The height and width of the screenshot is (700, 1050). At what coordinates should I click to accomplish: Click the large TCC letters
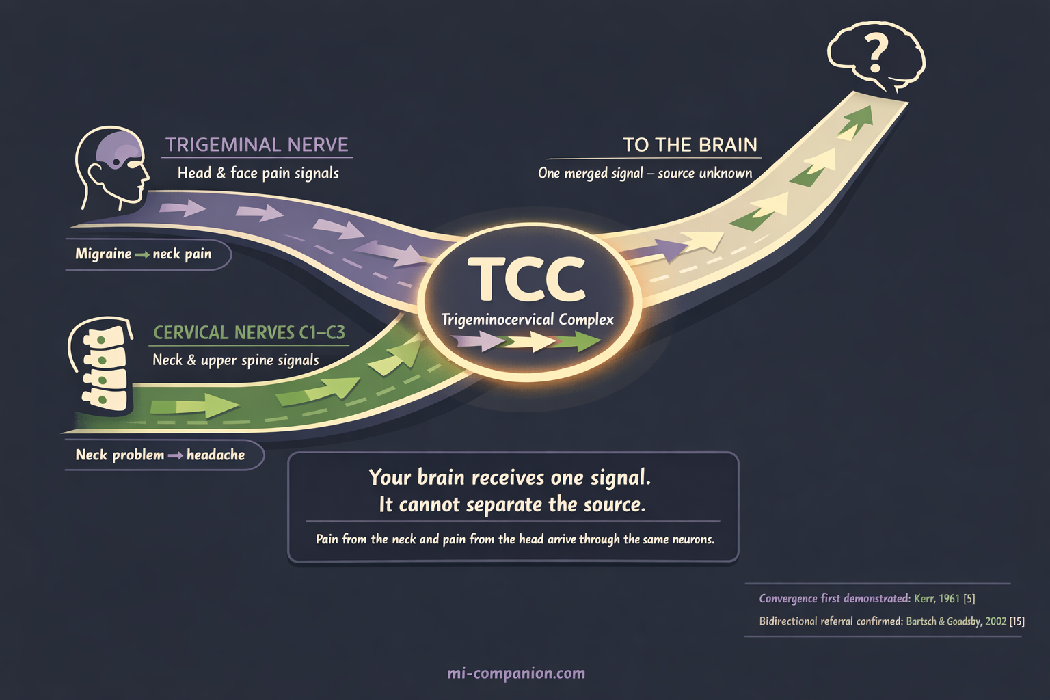pyautogui.click(x=527, y=280)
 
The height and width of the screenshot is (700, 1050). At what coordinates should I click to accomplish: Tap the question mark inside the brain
pyautogui.click(x=876, y=54)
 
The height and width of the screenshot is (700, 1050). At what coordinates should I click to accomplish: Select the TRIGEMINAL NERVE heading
pyautogui.click(x=257, y=145)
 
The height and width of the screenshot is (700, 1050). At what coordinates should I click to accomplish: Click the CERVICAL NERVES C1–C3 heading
pyautogui.click(x=249, y=333)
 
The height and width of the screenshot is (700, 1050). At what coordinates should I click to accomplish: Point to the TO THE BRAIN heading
pyautogui.click(x=690, y=145)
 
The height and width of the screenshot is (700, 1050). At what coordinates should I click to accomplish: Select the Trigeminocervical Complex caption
pyautogui.click(x=527, y=319)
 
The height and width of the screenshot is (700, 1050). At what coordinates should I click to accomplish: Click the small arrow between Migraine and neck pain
pyautogui.click(x=142, y=255)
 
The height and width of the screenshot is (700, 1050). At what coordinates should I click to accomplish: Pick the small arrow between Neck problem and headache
pyautogui.click(x=175, y=455)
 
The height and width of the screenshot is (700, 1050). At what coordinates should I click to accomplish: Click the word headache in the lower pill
pyautogui.click(x=215, y=455)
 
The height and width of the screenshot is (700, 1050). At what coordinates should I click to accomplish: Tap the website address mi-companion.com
pyautogui.click(x=516, y=673)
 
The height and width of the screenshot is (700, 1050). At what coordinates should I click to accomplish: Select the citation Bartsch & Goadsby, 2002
pyautogui.click(x=956, y=621)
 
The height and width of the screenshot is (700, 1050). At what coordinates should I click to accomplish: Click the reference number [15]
pyautogui.click(x=1017, y=621)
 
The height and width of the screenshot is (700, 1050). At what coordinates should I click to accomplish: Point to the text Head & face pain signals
pyautogui.click(x=258, y=173)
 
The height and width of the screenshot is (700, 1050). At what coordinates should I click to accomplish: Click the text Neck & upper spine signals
pyautogui.click(x=236, y=360)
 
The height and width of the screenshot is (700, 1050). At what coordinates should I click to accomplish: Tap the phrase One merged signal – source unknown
pyautogui.click(x=645, y=173)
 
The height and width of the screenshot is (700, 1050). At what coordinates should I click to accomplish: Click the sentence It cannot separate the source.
pyautogui.click(x=512, y=504)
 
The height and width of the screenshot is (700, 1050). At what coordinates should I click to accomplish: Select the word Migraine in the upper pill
pyautogui.click(x=103, y=254)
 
